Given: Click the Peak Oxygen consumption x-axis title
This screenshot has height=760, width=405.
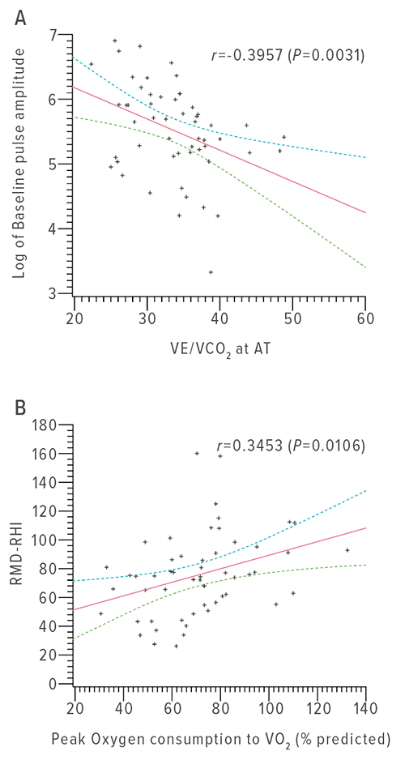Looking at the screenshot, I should tap(219, 739).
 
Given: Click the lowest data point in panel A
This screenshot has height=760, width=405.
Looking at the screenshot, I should tap(211, 272).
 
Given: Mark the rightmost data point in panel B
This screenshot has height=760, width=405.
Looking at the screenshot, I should tap(347, 550).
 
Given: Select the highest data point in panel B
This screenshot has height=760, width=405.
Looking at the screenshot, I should tap(197, 453).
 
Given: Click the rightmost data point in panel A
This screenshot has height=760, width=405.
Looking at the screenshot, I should tap(284, 137).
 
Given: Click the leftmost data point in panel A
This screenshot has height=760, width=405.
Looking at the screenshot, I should tap(91, 64).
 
